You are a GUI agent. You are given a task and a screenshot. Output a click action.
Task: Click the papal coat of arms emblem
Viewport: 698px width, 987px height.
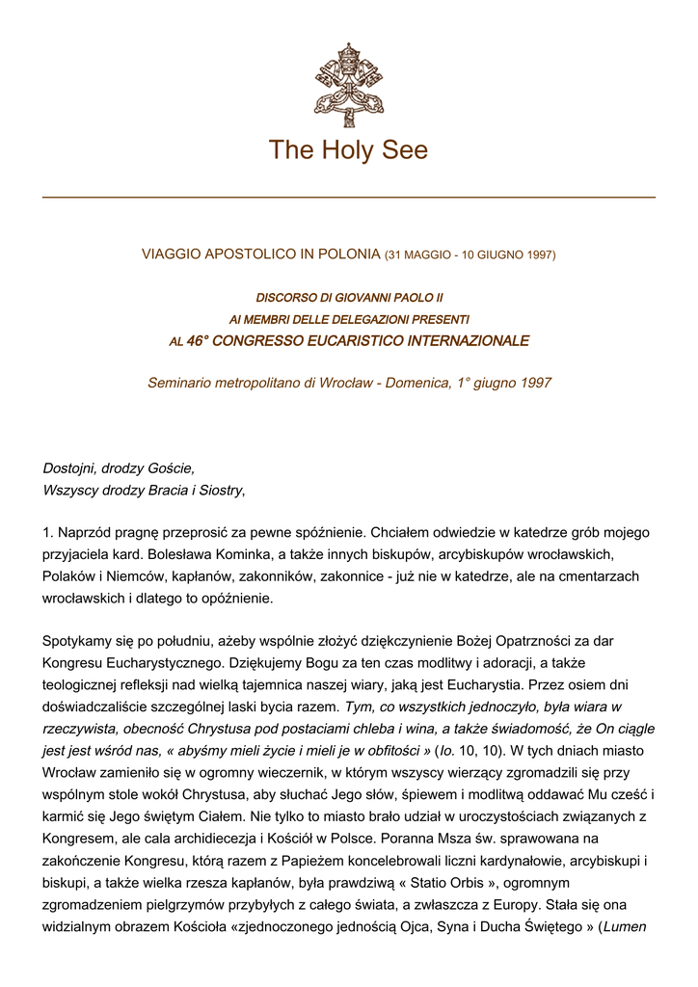(x=348, y=84)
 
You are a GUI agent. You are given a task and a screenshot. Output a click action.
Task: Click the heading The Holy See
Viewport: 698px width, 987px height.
(x=348, y=150)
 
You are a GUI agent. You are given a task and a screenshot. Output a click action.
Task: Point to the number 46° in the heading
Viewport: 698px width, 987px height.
(x=198, y=341)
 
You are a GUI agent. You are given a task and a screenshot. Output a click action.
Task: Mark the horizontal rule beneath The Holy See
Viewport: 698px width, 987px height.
(x=348, y=197)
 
